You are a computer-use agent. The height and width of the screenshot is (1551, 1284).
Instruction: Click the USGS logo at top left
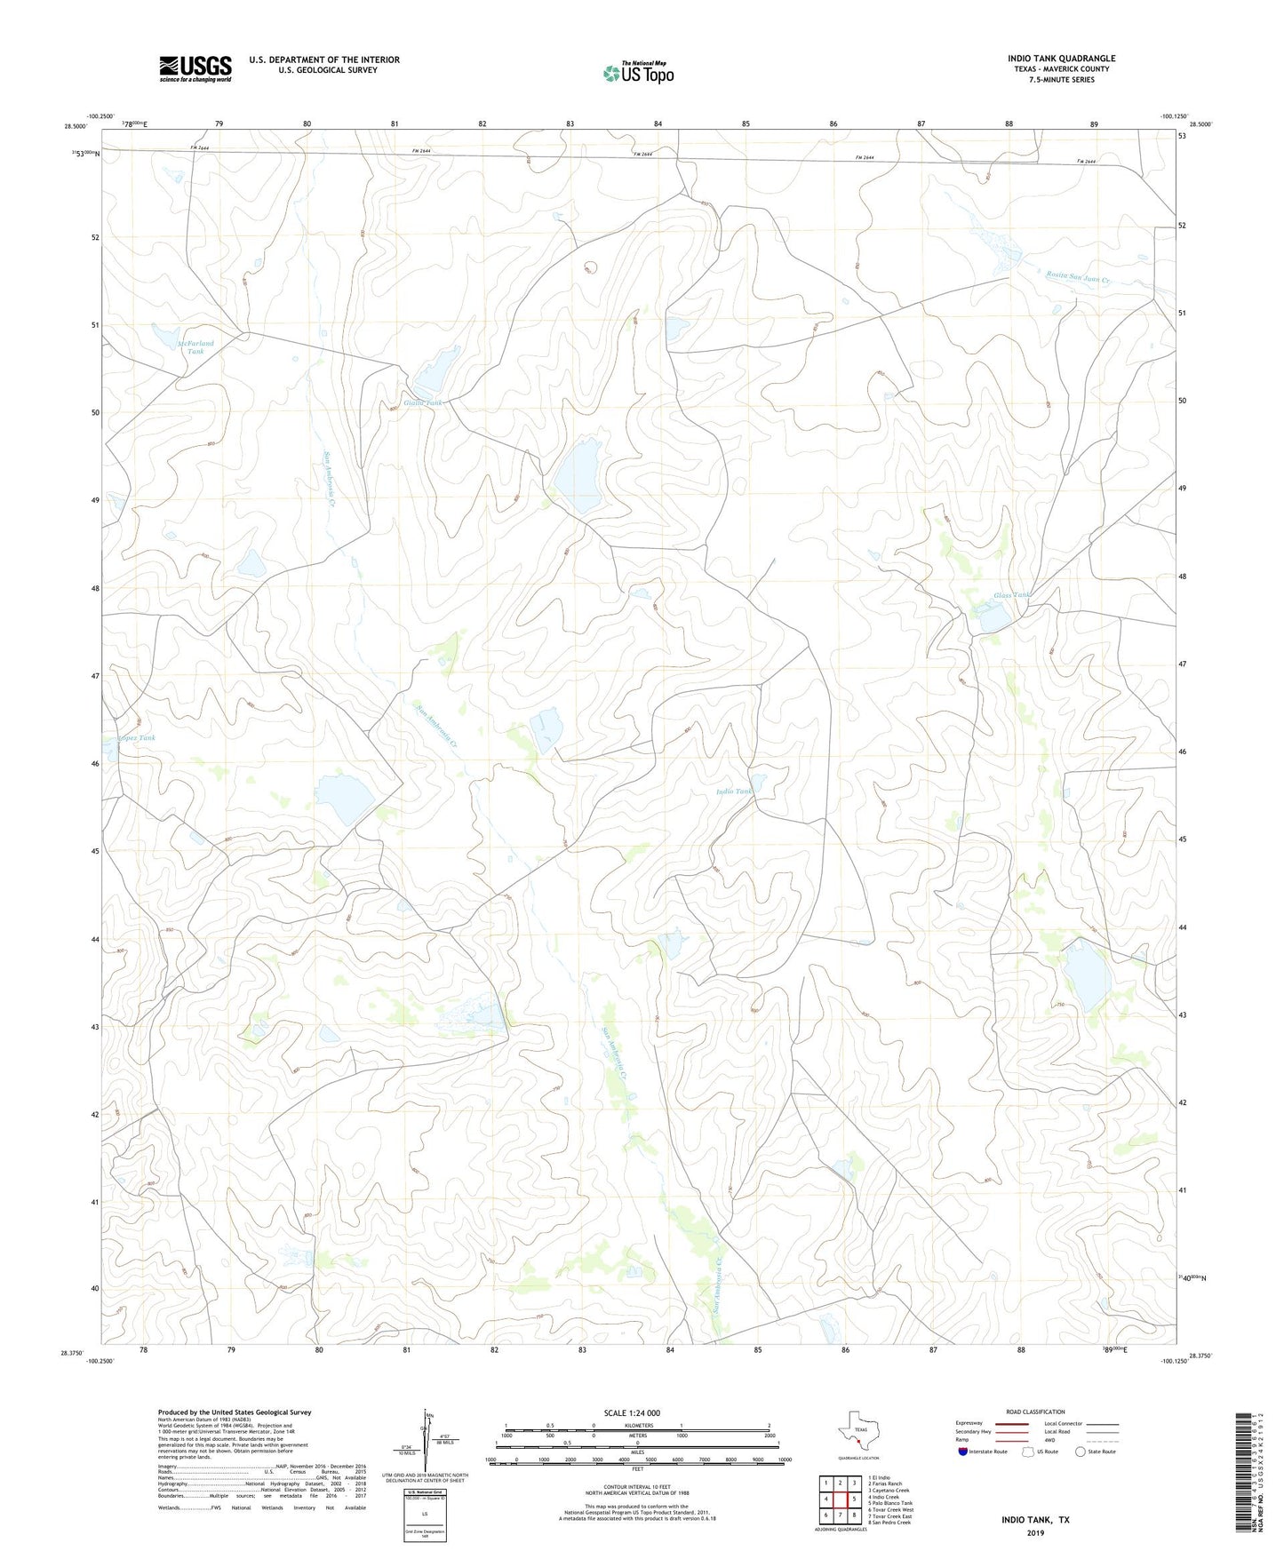(195, 68)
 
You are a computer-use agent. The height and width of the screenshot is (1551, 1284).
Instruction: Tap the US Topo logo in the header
(638, 73)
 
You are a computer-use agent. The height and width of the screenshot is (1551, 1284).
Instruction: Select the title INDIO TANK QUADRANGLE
(1061, 59)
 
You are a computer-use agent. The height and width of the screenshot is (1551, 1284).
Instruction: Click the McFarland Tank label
(195, 346)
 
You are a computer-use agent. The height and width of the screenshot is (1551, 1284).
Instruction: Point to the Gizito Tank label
(422, 403)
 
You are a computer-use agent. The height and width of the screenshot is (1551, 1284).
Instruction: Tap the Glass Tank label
(1012, 595)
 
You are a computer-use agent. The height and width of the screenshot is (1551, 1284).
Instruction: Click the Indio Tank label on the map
(734, 791)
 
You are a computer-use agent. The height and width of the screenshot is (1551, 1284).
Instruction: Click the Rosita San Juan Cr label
(1077, 278)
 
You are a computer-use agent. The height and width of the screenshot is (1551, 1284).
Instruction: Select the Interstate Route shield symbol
(963, 1452)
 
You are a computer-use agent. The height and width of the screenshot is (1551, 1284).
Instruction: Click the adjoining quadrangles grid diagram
(840, 1500)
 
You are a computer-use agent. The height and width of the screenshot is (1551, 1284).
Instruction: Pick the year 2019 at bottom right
(1035, 1532)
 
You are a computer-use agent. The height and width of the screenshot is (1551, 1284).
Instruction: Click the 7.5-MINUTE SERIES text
(1061, 80)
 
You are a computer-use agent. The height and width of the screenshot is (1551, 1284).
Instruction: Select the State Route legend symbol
(1080, 1452)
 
